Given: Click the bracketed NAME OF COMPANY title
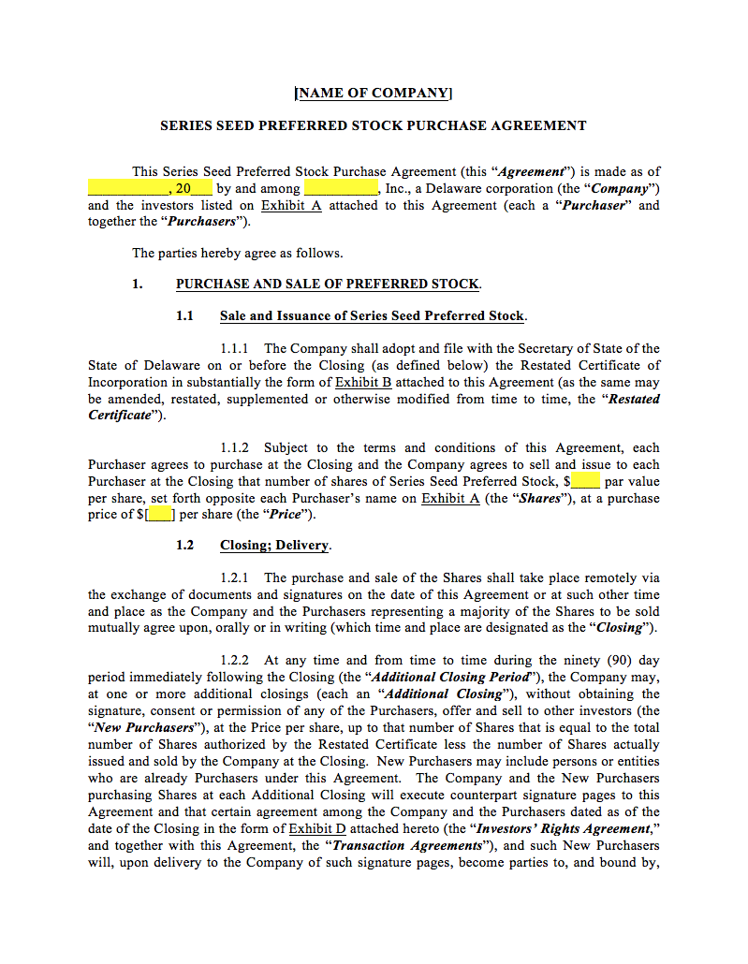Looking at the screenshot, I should click(x=374, y=93).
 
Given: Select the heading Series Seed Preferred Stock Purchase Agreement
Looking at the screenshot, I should click(x=374, y=125).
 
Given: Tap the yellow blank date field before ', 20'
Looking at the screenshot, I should click(x=127, y=189).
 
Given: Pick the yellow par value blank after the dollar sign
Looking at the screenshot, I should click(x=585, y=482).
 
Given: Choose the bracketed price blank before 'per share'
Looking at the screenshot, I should click(x=161, y=515).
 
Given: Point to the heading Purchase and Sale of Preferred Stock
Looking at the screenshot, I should click(x=328, y=285).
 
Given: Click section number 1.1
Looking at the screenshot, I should click(x=184, y=316).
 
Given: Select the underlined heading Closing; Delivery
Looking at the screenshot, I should click(x=274, y=546).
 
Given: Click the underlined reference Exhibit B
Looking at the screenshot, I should click(x=363, y=383).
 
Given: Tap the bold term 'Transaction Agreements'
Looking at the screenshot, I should click(x=406, y=846).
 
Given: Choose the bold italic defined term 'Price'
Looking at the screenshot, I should click(x=286, y=515).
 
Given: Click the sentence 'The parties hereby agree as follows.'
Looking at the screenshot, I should click(x=237, y=253).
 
